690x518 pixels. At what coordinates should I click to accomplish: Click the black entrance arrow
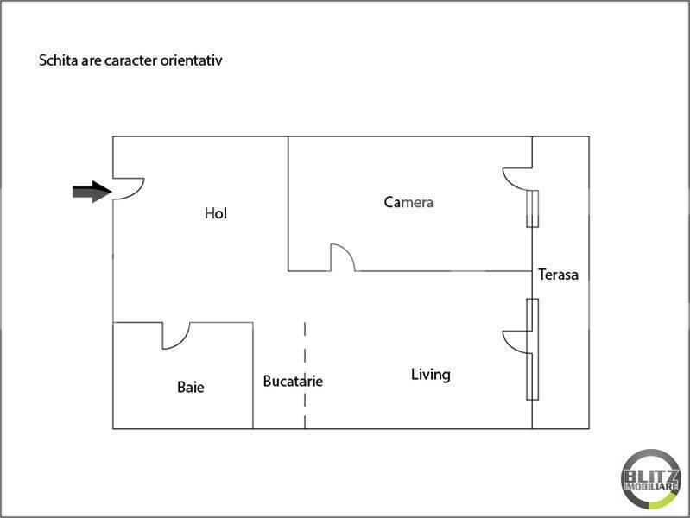pos(92,192)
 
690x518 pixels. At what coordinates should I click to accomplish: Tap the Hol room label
pos(216,213)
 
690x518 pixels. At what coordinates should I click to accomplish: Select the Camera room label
pos(408,202)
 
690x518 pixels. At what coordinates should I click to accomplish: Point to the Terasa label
pos(558,275)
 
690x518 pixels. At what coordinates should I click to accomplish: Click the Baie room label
pos(191,388)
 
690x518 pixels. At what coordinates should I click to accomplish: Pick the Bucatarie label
pos(293,381)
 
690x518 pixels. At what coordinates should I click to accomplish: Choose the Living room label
pos(431,375)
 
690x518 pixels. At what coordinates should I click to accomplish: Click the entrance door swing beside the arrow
pos(136,193)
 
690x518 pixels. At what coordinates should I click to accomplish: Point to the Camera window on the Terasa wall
pos(533,209)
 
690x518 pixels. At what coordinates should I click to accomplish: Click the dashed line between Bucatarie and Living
pos(305,376)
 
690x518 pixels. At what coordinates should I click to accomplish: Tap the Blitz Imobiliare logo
pos(651,479)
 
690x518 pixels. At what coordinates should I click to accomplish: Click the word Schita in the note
pos(55,60)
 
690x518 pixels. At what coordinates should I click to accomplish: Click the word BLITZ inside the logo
pos(651,476)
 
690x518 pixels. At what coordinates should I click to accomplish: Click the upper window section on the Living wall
pos(533,314)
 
